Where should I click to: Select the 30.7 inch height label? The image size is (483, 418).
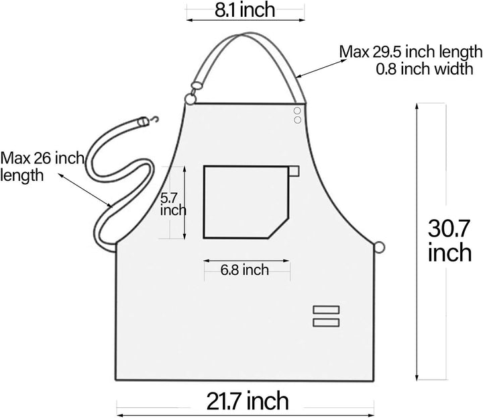[x=449, y=240]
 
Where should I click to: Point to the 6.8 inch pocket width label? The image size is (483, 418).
[x=244, y=270]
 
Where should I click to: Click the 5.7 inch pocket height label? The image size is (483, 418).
[x=173, y=204]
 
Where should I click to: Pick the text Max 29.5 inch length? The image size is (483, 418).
[x=410, y=52]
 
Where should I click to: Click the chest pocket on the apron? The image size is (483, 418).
[x=245, y=202]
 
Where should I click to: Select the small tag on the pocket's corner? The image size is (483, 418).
[x=294, y=170]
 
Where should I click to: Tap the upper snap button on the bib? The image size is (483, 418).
[x=297, y=111]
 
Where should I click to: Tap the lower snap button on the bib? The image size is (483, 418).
[x=297, y=120]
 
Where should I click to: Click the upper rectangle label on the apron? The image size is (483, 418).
[x=326, y=309]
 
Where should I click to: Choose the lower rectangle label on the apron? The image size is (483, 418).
[x=326, y=323]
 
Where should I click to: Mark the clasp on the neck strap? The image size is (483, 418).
[x=196, y=85]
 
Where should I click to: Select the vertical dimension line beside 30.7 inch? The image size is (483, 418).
[x=418, y=242]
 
